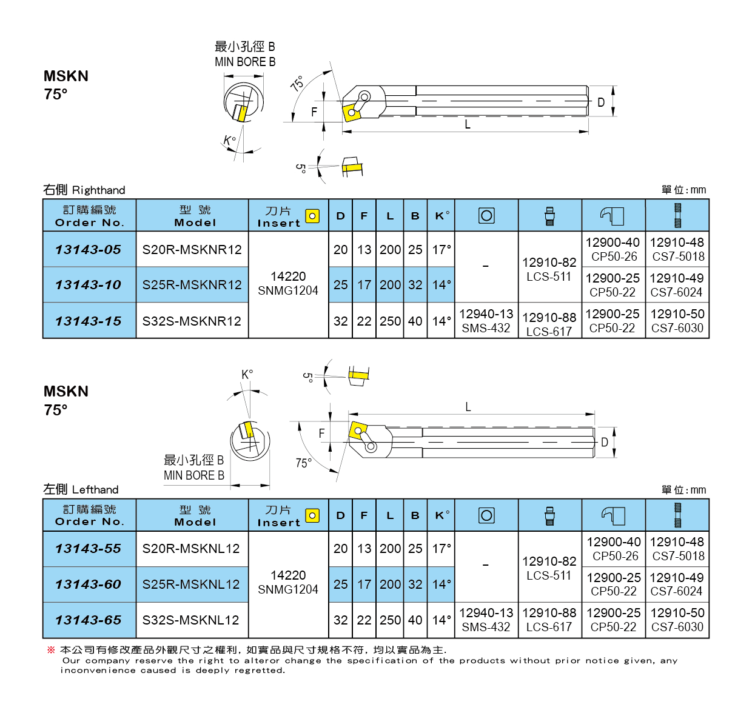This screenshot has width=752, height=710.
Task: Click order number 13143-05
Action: (89, 250)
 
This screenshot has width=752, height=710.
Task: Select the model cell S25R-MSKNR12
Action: (192, 285)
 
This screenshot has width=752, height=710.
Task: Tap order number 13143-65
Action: (89, 620)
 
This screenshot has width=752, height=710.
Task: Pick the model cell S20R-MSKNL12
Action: (191, 549)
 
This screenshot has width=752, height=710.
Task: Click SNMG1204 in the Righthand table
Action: (288, 291)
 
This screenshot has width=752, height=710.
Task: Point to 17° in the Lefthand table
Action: (441, 549)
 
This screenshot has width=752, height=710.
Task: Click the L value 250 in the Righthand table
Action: (391, 321)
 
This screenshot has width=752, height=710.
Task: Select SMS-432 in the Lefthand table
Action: (486, 628)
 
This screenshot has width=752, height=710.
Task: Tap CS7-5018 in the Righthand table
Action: (678, 257)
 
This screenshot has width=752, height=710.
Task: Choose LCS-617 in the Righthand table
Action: (549, 332)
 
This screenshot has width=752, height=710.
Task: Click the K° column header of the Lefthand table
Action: (442, 515)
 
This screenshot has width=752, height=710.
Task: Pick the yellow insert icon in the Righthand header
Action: (312, 216)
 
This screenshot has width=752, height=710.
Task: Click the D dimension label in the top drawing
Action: (601, 102)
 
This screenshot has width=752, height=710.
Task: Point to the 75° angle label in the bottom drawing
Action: (303, 463)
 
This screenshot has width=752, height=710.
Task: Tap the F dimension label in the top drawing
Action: (314, 112)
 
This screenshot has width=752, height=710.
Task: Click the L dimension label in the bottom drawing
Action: (468, 407)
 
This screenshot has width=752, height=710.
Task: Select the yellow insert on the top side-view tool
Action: (351, 112)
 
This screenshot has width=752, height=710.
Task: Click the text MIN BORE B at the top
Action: (245, 62)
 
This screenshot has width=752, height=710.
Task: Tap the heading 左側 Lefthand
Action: (81, 489)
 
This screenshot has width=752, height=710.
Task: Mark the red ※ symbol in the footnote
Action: (51, 650)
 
